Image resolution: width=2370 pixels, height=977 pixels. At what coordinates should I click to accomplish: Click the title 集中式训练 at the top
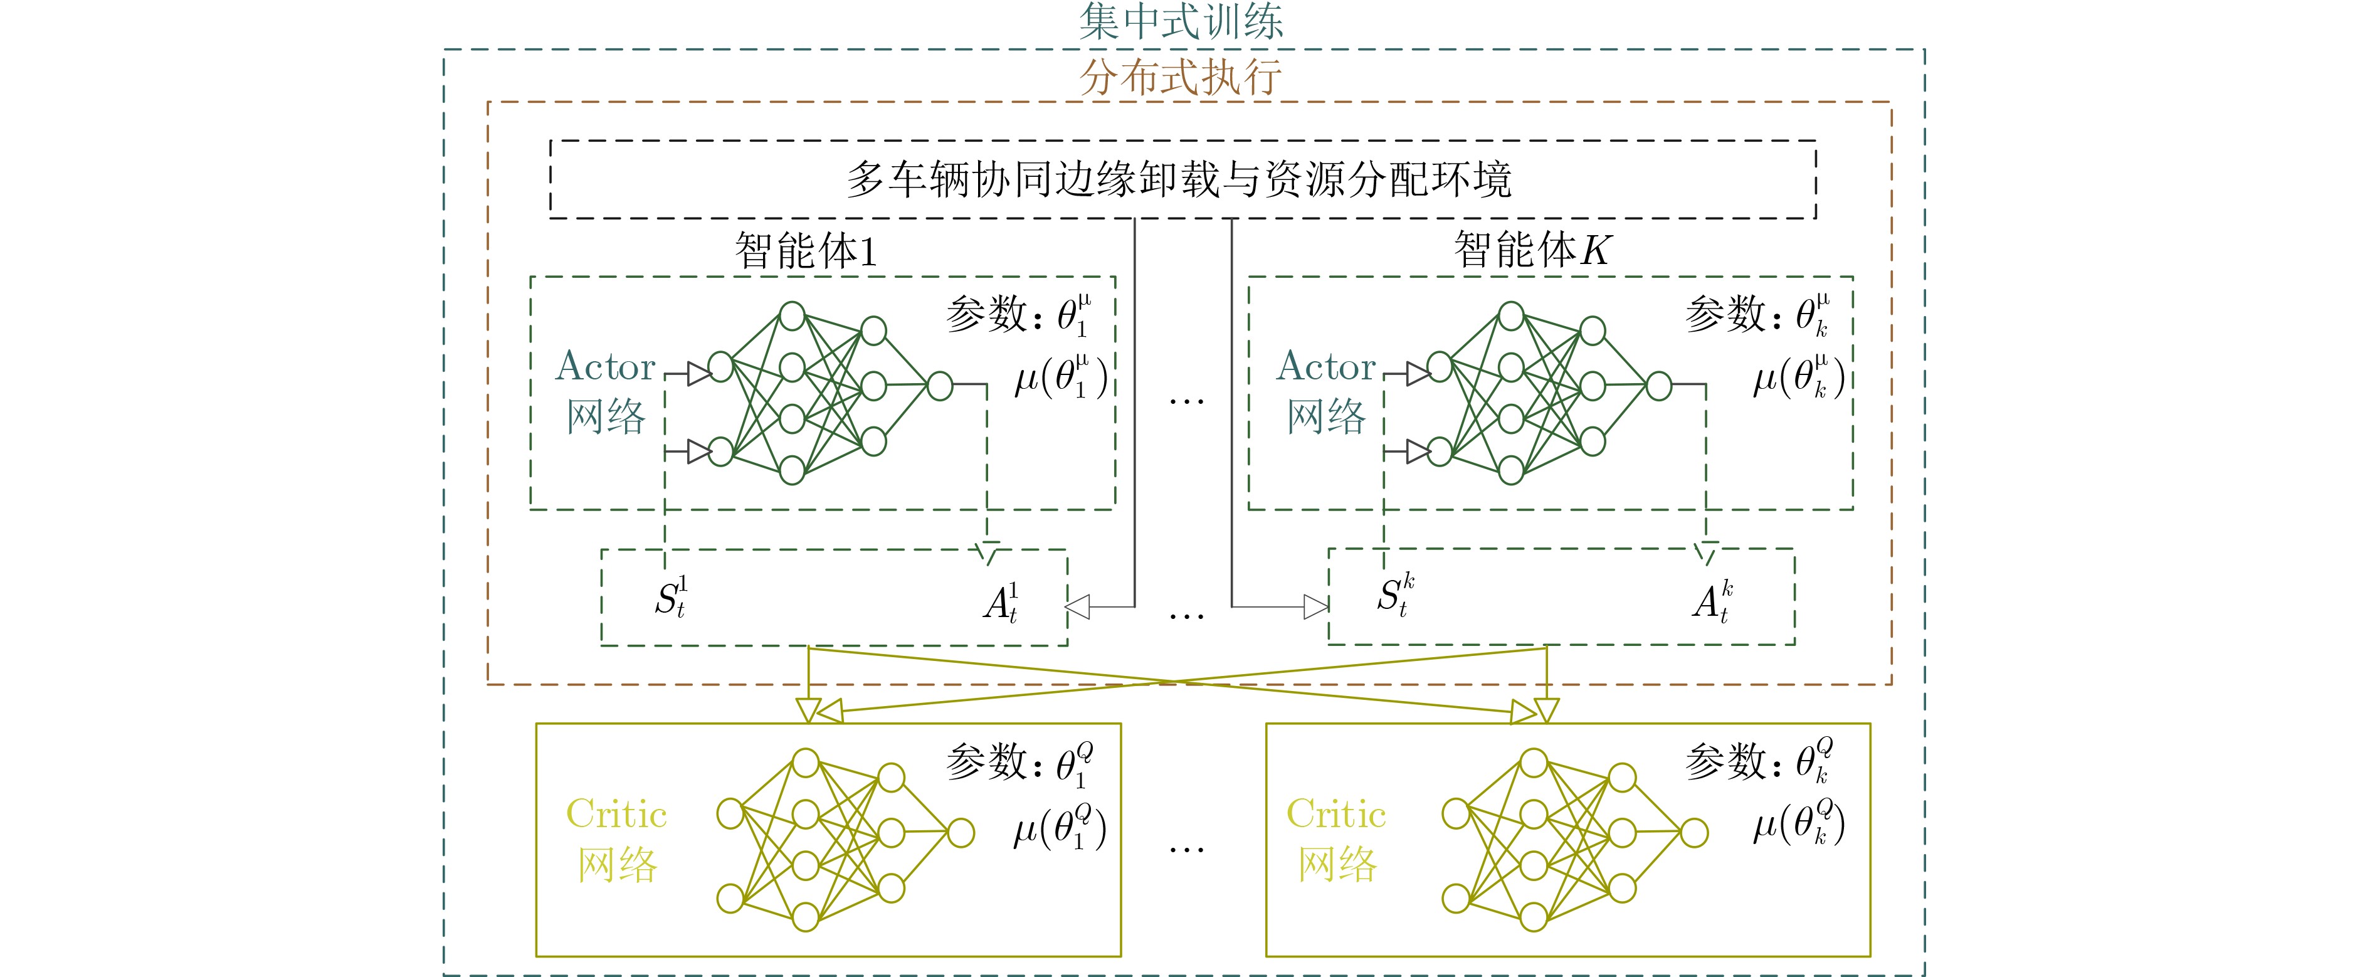[1181, 21]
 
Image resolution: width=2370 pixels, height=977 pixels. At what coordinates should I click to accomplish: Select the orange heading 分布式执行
[1181, 77]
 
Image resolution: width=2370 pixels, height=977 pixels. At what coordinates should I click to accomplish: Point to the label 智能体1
[806, 250]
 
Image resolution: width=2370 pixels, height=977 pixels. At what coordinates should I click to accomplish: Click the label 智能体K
[1531, 250]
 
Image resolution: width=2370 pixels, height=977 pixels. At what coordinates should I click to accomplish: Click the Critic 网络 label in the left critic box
[616, 839]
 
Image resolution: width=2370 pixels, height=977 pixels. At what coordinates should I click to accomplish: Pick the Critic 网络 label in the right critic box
[1336, 839]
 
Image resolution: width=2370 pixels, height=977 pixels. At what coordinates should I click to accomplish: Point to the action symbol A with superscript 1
[1000, 603]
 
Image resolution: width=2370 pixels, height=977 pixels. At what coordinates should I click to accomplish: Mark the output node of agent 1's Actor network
[939, 386]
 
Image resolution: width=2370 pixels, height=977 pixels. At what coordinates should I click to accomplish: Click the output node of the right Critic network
[1693, 833]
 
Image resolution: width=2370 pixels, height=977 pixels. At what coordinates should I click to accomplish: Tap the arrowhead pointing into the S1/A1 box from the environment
[1077, 607]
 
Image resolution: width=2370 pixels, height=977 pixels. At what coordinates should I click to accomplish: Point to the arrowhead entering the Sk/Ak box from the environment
[1315, 607]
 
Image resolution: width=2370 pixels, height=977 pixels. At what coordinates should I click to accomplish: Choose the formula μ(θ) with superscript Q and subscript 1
[1060, 827]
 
